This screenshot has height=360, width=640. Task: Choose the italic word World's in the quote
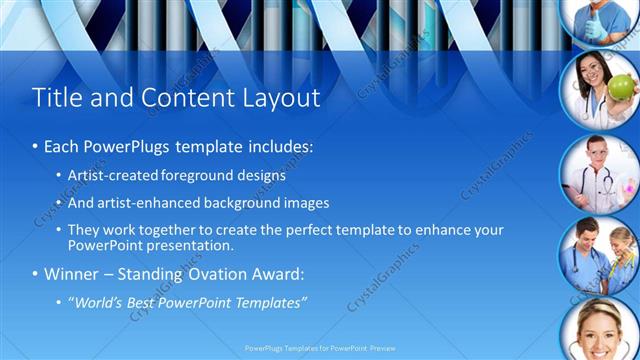[96, 301]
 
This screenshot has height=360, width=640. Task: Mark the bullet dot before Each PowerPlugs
[35, 146]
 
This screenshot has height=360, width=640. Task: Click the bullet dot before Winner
[35, 273]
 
